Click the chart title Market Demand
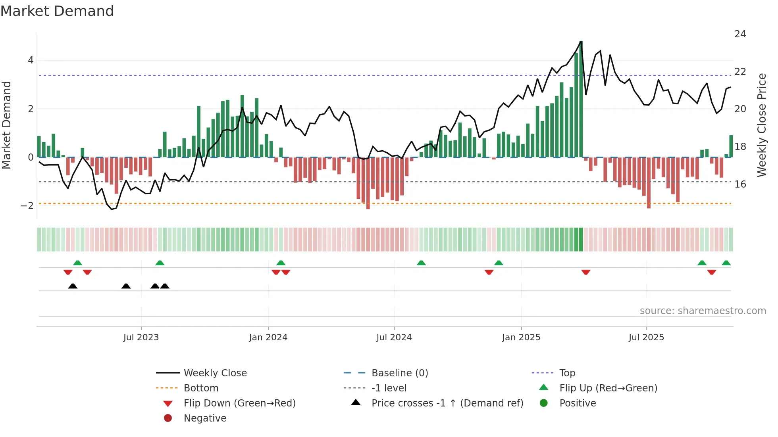point(57,11)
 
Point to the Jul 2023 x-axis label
point(141,337)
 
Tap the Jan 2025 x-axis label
point(521,337)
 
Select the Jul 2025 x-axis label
point(646,337)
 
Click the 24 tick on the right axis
point(740,34)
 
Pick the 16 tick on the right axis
point(740,184)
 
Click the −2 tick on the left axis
point(27,206)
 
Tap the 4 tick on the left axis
point(31,61)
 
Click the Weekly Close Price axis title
point(761,125)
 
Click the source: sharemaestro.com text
point(703,311)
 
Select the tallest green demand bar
point(581,99)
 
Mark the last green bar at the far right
point(731,146)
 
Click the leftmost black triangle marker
point(73,286)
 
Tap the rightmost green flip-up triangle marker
point(726,263)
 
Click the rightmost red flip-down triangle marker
point(711,272)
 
